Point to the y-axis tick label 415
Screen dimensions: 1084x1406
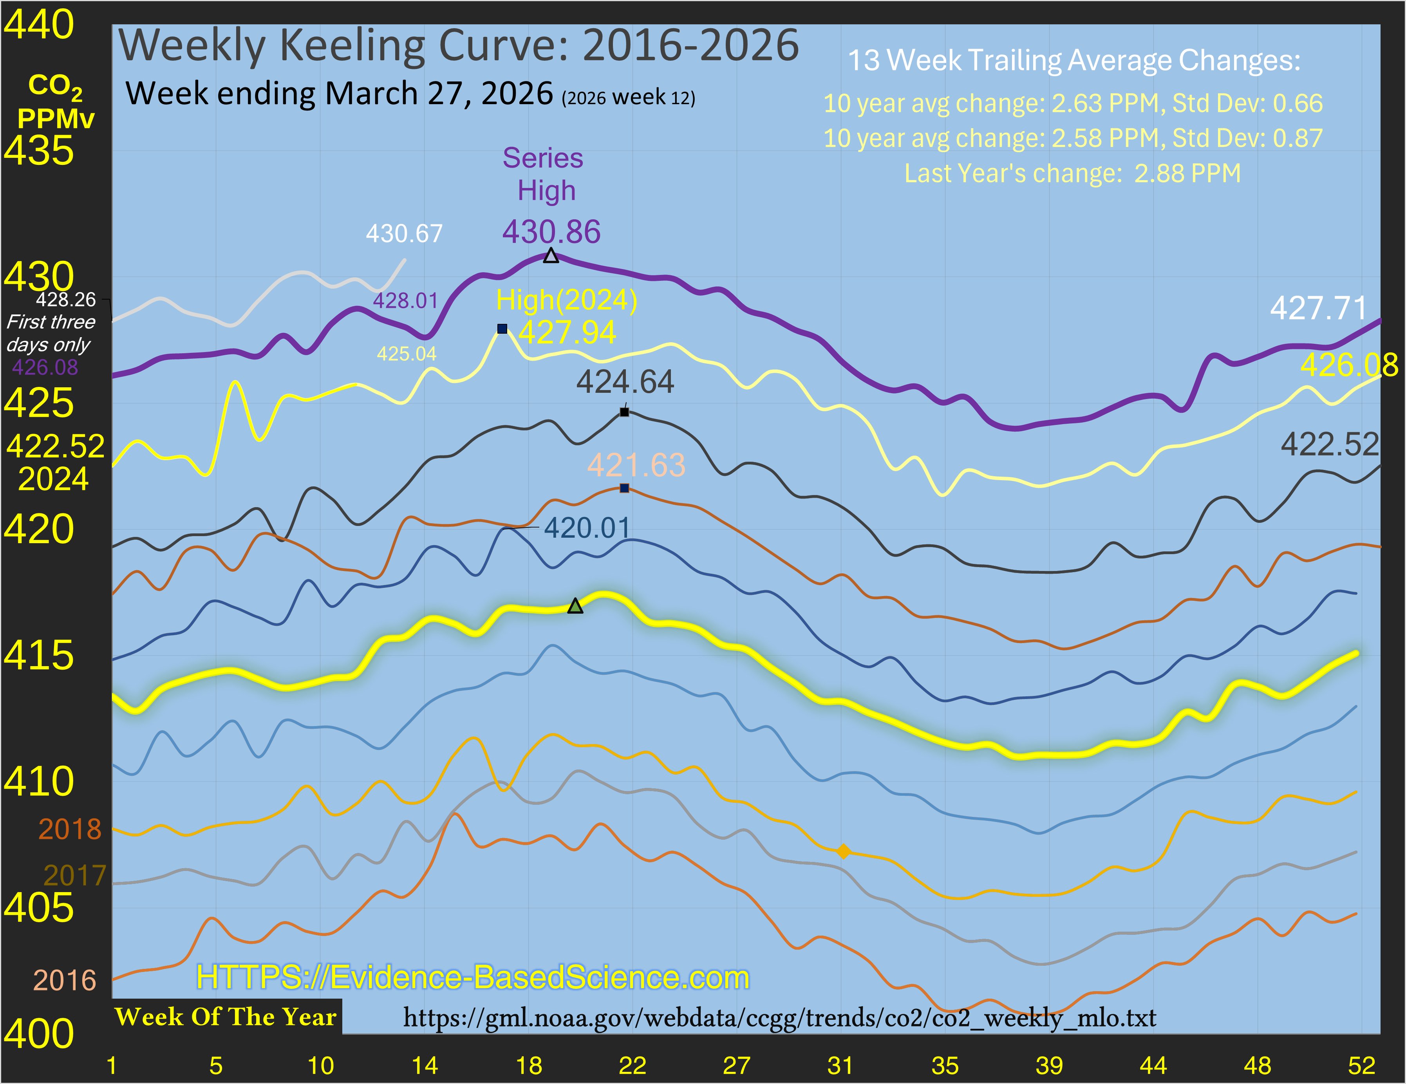pos(39,655)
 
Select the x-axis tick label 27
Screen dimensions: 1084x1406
pos(736,1065)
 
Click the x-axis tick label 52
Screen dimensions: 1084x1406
pos(1361,1065)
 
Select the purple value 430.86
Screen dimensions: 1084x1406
pos(551,232)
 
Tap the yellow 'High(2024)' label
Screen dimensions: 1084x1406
pos(567,300)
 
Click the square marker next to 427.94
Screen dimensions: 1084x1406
pos(502,329)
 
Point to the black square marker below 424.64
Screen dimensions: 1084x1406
pos(624,412)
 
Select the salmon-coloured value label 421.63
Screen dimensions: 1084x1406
pos(636,465)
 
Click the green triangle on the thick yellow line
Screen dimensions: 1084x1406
pos(575,606)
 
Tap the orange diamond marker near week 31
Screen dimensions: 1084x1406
pos(843,852)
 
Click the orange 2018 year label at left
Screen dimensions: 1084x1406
pos(70,829)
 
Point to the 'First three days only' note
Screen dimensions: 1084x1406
pos(50,333)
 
